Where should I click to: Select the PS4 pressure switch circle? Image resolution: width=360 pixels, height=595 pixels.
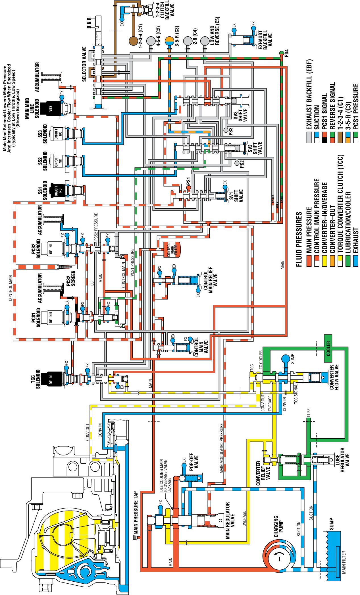pos(281,53)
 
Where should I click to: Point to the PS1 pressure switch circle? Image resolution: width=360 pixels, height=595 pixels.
pos(188,188)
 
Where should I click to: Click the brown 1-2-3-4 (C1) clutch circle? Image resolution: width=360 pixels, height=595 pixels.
pos(133,41)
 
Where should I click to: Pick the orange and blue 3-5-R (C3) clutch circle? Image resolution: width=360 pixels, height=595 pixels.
pos(169,41)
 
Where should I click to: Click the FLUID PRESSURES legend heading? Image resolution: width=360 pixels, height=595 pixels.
pos(299,239)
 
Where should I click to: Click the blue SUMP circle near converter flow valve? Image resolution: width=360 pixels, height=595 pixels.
pos(285,359)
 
